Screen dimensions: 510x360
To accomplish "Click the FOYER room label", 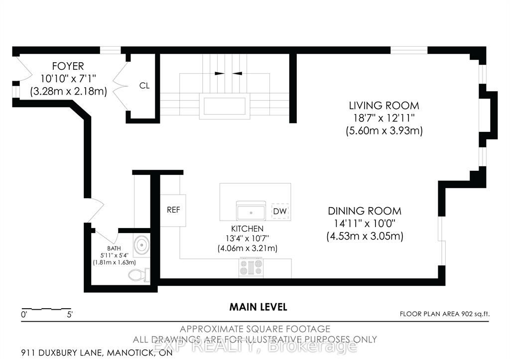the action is pyautogui.click(x=68, y=66).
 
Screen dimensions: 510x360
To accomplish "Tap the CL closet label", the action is pyautogui.click(x=144, y=86).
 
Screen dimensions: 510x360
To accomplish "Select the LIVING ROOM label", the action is pyautogui.click(x=384, y=106).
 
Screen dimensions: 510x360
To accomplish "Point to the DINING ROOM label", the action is pyautogui.click(x=364, y=211).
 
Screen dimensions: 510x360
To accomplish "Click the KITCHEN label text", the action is pyautogui.click(x=247, y=229).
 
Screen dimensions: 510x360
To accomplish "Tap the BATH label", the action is pyautogui.click(x=114, y=248).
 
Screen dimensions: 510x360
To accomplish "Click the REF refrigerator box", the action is pyautogui.click(x=173, y=211).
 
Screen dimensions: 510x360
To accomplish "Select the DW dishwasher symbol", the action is pyautogui.click(x=280, y=212).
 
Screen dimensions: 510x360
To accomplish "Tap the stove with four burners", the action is pyautogui.click(x=251, y=267).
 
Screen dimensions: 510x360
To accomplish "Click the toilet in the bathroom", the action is pyautogui.click(x=139, y=275).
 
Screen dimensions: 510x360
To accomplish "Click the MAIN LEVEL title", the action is pyautogui.click(x=258, y=307).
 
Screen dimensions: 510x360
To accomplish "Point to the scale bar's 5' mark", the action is pyautogui.click(x=70, y=315).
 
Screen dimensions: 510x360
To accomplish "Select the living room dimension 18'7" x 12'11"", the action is pyautogui.click(x=384, y=118).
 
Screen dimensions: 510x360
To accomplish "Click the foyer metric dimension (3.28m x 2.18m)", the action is pyautogui.click(x=69, y=92).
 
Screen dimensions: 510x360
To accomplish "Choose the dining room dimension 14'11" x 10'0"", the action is pyautogui.click(x=365, y=224).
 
